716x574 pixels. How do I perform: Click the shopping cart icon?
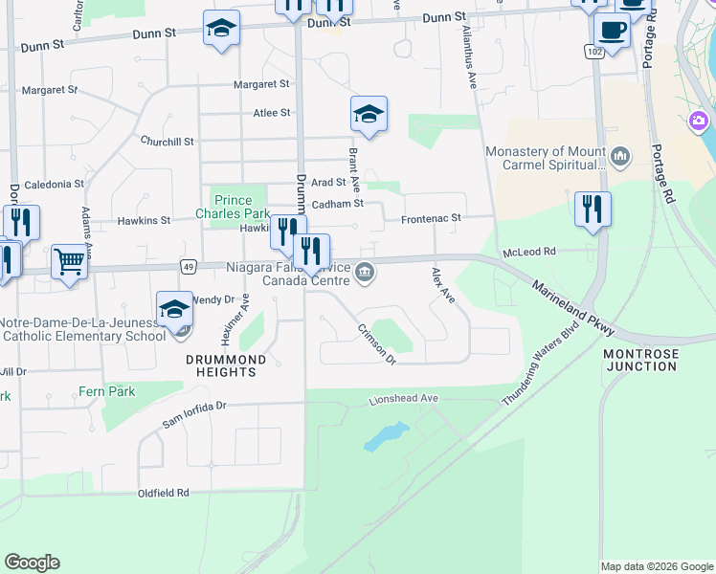[69, 260]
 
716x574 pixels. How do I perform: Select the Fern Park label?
[108, 391]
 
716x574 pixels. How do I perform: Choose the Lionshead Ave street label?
[403, 398]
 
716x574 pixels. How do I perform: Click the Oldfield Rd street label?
[163, 493]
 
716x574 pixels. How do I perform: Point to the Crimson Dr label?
[377, 344]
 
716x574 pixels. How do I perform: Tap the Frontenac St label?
[431, 218]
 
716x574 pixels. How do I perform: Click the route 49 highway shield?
[189, 266]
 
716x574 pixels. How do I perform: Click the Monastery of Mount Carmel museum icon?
[620, 156]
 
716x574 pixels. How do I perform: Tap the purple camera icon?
[699, 121]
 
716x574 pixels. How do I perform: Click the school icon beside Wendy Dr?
[174, 310]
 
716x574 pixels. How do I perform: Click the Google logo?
[32, 563]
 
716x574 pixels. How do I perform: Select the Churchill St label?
[168, 141]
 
